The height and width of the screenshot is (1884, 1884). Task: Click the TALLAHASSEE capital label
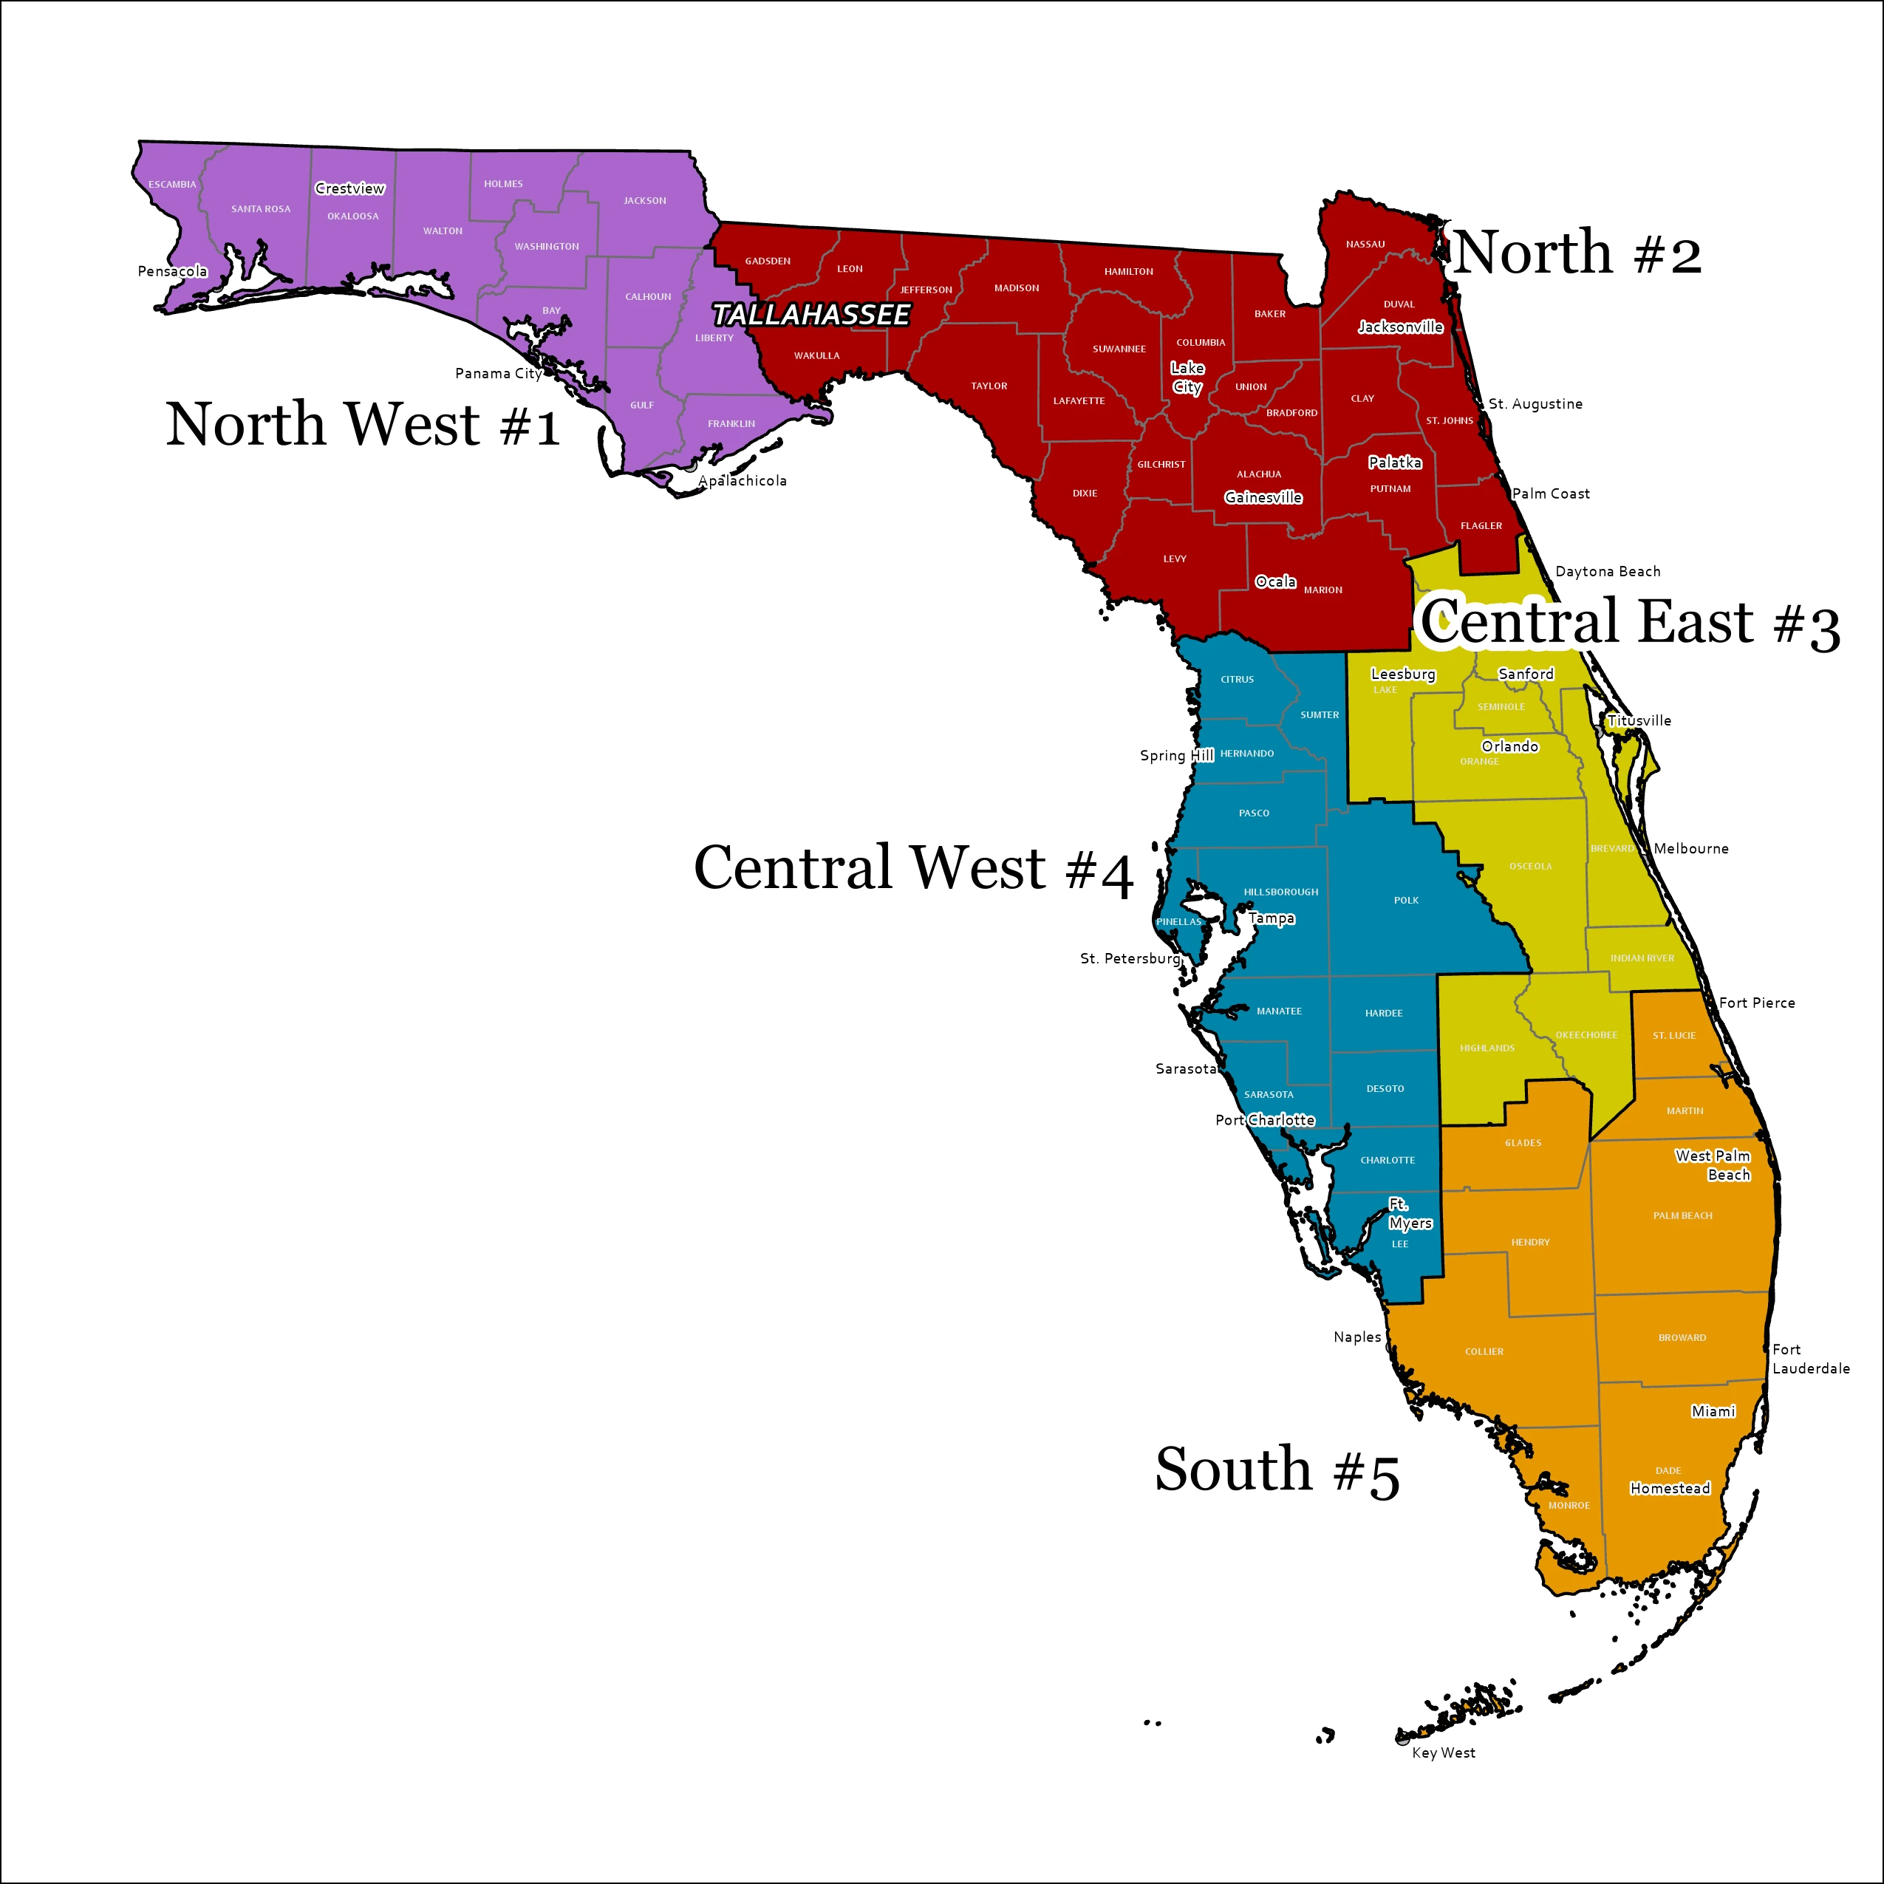tap(810, 315)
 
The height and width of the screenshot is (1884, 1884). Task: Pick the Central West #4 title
tap(914, 868)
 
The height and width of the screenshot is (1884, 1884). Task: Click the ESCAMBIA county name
tap(173, 184)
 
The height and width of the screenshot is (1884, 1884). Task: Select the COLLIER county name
tap(1484, 1351)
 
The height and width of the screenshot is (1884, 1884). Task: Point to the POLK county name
tap(1406, 900)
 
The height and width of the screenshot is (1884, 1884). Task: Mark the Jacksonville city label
tap(1400, 327)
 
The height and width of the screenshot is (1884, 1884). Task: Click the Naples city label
tap(1357, 1337)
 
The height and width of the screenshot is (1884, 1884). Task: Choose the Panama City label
tap(498, 374)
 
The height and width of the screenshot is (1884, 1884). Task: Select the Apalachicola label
tap(742, 481)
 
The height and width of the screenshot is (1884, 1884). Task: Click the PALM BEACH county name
tap(1683, 1216)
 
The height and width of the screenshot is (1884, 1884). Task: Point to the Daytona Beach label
tap(1608, 571)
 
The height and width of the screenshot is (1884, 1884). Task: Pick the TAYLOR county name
tap(989, 386)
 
